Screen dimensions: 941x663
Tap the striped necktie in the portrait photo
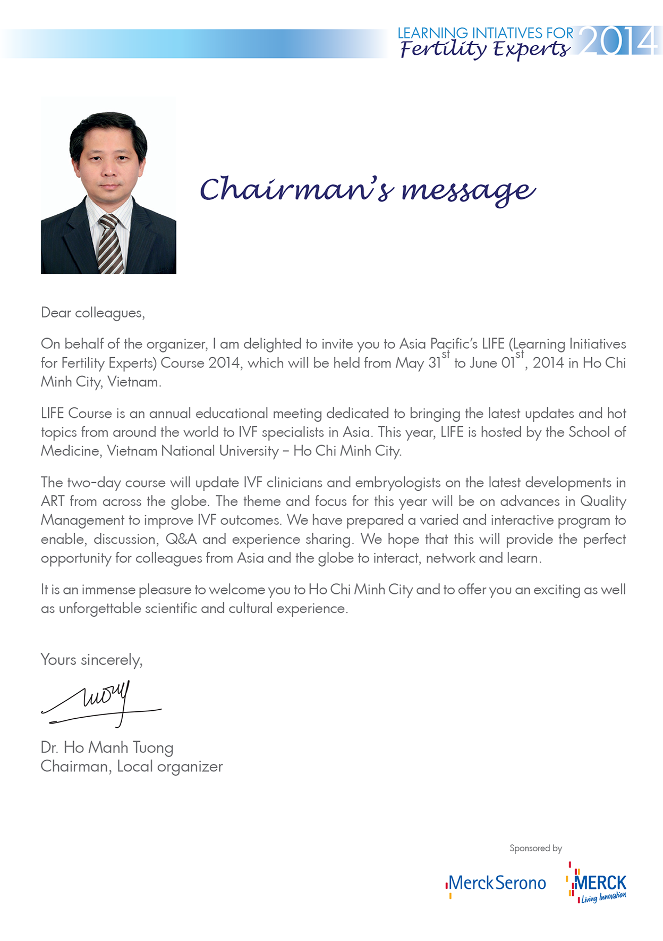(110, 245)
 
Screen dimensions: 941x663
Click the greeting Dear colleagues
(92, 313)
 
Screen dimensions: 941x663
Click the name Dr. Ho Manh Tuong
(107, 747)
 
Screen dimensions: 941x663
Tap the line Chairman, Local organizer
(131, 767)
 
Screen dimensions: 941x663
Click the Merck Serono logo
(496, 884)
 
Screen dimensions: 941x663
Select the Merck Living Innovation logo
(598, 884)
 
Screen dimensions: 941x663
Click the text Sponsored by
(535, 848)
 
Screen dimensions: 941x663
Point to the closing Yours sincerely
(91, 660)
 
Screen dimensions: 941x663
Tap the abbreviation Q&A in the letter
(181, 539)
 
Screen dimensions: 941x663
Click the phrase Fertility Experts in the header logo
(484, 49)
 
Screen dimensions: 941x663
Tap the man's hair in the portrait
(108, 125)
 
